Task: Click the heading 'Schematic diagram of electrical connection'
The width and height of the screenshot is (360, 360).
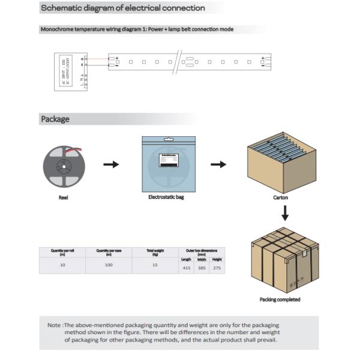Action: point(122,8)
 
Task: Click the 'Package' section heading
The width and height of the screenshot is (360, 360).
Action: point(55,119)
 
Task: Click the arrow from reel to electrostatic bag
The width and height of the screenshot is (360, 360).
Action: point(112,164)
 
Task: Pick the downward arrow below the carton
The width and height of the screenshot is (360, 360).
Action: point(286,212)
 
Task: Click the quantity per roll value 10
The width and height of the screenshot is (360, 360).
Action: point(62,265)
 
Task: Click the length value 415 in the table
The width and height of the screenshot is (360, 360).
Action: point(187,268)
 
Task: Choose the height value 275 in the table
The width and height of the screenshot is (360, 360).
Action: point(217,268)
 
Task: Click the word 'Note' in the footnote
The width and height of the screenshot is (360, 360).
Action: point(53,325)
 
